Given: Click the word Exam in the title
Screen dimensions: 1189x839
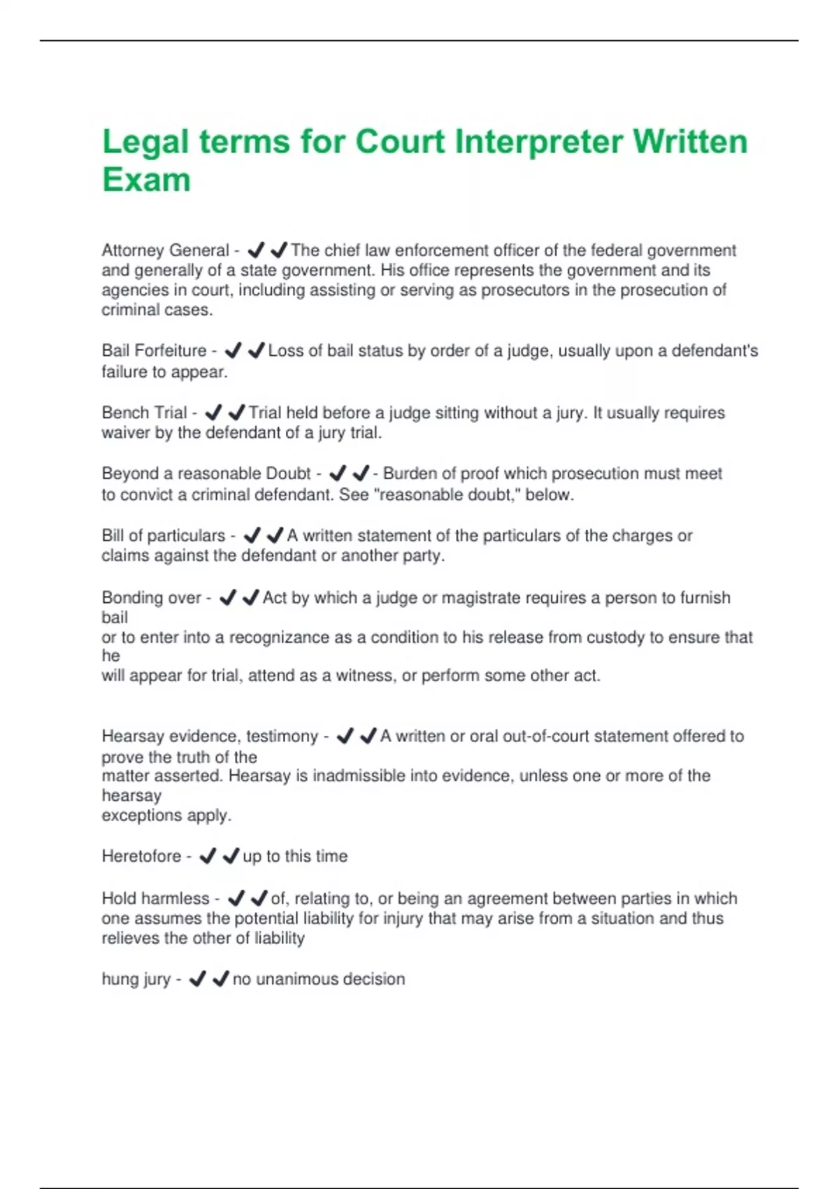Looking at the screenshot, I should coord(146,179).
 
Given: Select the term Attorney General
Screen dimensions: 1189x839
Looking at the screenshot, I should coord(165,250).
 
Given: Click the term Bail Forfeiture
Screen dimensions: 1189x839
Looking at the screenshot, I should coord(154,350).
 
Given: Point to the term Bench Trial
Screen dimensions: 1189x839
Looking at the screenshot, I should coord(144,413).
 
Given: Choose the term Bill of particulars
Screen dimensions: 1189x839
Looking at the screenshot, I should coord(164,536).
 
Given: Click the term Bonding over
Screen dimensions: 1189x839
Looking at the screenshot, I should coord(151,598).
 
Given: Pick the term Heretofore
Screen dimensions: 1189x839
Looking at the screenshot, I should coord(141,856).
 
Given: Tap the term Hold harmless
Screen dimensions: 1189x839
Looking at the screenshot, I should coord(155,898).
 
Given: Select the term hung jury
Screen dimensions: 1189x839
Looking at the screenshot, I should coord(136,979).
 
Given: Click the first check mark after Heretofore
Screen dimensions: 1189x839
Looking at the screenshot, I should coord(208,856).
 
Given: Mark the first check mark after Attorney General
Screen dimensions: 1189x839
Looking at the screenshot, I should coord(256,250).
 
